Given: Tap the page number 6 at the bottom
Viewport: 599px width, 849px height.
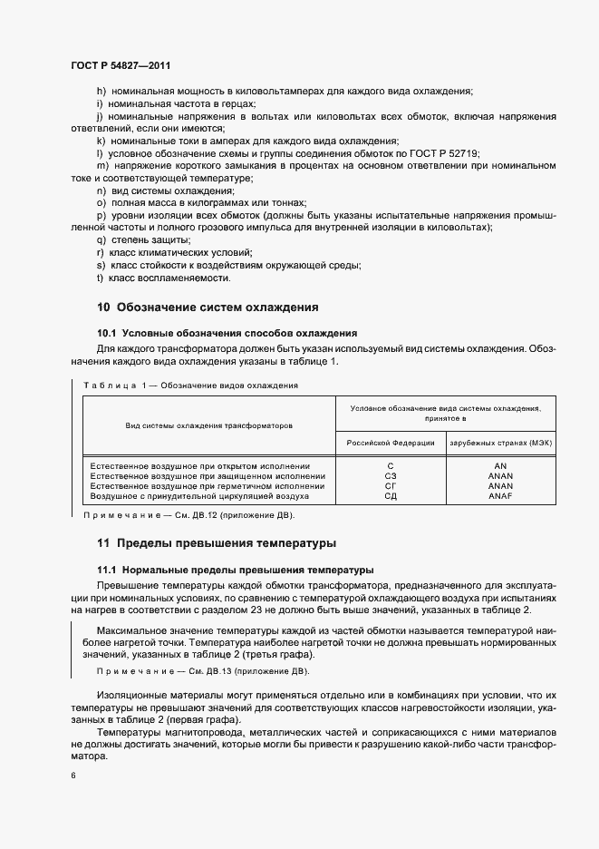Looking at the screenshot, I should point(72,776).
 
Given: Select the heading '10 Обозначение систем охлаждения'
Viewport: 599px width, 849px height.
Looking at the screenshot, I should point(207,307).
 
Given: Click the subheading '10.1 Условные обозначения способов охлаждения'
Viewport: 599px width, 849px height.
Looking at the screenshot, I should point(227,333).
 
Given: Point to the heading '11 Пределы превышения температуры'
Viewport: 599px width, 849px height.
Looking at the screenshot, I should point(216,543).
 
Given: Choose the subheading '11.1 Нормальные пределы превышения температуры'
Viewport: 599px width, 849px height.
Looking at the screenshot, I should point(235,570).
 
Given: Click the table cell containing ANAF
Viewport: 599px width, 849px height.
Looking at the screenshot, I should point(500,497).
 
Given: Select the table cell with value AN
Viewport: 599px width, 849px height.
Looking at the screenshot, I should point(500,464).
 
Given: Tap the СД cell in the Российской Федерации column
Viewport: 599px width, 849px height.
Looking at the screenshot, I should point(391,497).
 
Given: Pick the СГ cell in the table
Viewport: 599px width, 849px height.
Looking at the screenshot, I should point(391,486).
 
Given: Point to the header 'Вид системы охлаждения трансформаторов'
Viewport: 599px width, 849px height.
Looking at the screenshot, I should point(208,424).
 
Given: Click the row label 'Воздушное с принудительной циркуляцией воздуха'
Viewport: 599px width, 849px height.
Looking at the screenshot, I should point(200,497).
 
